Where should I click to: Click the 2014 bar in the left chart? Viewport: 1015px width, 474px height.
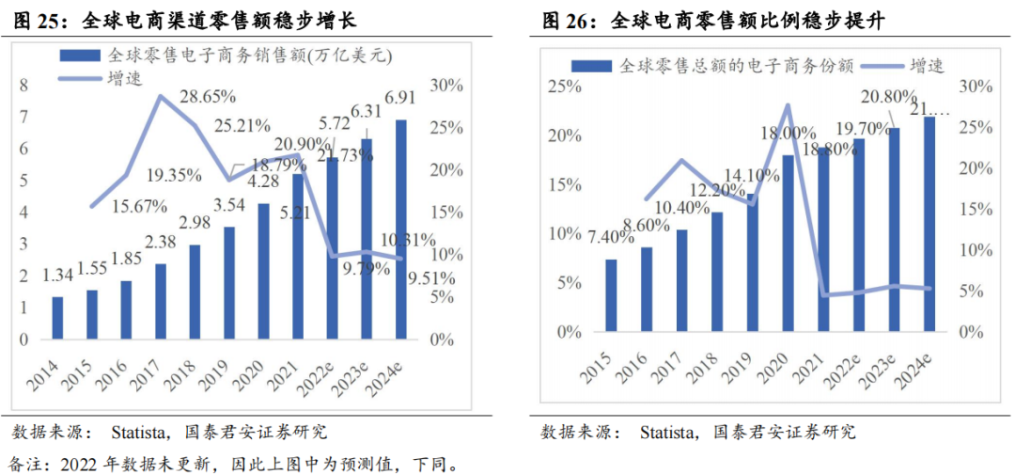coord(57,317)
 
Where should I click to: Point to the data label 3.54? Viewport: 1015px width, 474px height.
coord(229,205)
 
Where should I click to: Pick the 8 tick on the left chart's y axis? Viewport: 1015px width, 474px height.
coord(25,85)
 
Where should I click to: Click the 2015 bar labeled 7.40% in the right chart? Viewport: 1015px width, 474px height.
coord(611,295)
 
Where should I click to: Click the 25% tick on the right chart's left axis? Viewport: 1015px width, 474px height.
coord(566,87)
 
